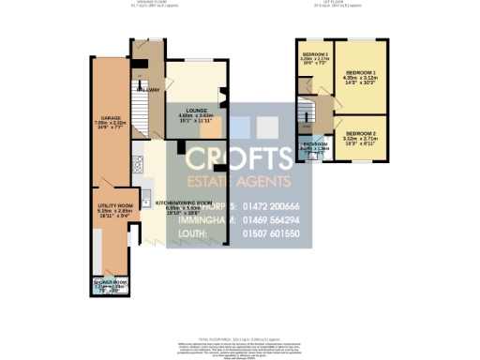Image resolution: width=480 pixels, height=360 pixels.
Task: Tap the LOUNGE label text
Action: coord(196,110)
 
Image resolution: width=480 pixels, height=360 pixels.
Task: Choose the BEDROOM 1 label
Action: coord(361,72)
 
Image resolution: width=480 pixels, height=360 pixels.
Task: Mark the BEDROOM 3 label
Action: coord(315,54)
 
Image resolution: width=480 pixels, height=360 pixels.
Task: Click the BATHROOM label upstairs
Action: coord(314,144)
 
